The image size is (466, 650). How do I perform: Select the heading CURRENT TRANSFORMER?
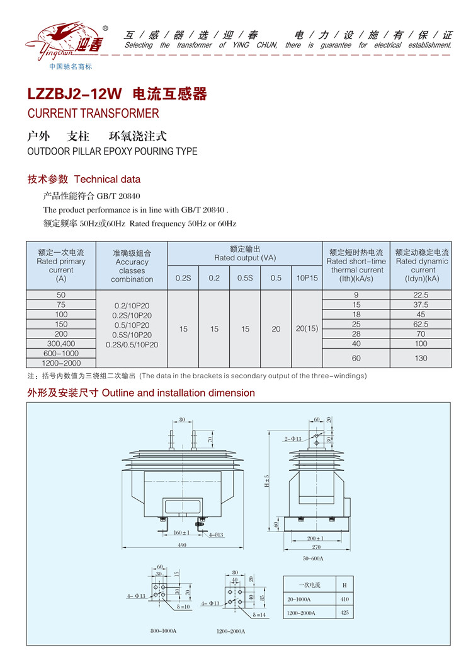point(93,114)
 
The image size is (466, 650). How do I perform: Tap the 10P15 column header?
point(307,278)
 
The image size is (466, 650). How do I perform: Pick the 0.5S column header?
point(245,278)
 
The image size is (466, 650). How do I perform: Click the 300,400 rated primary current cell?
point(61,344)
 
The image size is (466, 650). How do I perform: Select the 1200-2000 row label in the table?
point(61,363)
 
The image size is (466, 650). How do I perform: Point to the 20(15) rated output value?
point(307,328)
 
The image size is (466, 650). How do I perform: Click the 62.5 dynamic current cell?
point(421,324)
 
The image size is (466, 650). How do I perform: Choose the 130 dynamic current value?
point(421,358)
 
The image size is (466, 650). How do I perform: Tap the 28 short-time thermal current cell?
point(356,334)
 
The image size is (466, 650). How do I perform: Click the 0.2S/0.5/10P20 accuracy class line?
point(132,345)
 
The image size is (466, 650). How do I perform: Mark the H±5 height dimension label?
point(266,480)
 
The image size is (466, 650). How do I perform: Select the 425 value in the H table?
point(344,612)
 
